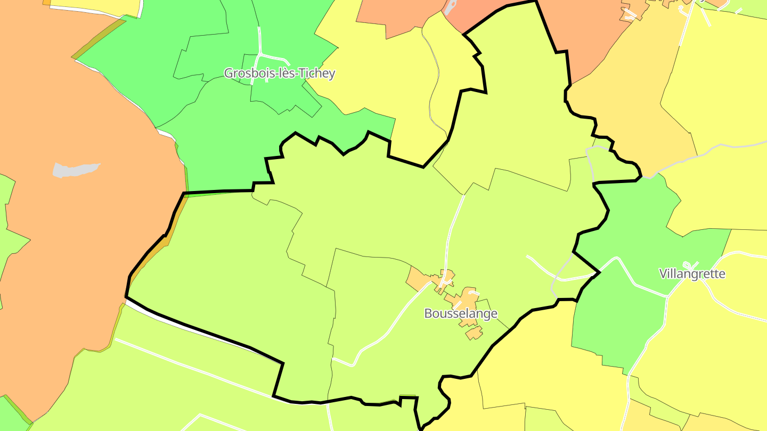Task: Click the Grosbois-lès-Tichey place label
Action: click(x=279, y=73)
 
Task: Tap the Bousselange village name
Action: click(x=461, y=313)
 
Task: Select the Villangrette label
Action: click(x=692, y=273)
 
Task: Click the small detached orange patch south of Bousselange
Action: click(x=474, y=333)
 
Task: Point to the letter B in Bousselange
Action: click(x=428, y=313)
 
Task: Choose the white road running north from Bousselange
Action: click(x=454, y=229)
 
